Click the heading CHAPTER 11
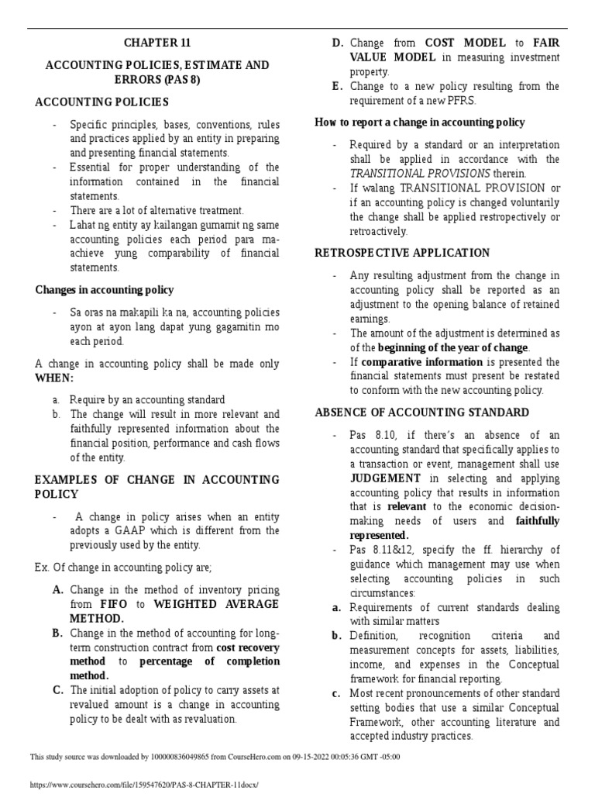pos(157,43)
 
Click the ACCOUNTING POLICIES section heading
pos(102,102)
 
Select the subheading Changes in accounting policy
pos(105,290)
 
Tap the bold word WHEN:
pos(53,378)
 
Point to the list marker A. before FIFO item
pos(58,590)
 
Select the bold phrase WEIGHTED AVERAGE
pos(216,604)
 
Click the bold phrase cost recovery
pos(248,647)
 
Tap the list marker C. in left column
pos(58,690)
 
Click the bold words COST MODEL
pos(464,43)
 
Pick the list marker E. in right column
pos(337,86)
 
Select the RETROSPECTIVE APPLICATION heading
pos(402,253)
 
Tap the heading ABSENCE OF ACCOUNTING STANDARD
pos(422,413)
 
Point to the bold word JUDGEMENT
pos(386,478)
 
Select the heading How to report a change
pos(419,123)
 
